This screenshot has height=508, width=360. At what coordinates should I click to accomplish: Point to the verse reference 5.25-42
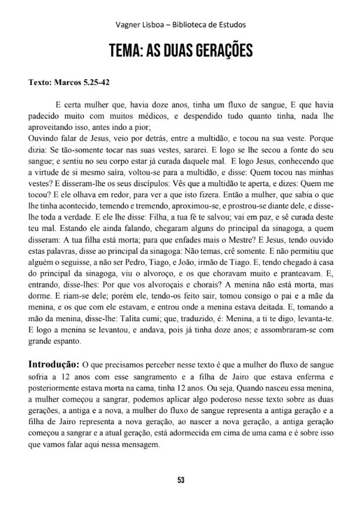point(94,82)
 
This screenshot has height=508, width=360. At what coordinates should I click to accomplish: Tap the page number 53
point(180,479)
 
